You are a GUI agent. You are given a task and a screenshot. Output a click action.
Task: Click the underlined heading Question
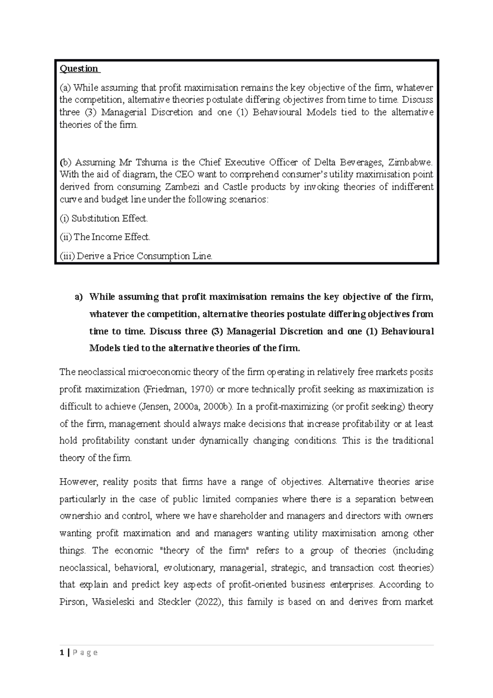coord(79,69)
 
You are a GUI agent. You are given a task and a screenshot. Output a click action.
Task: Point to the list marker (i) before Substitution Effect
coord(64,218)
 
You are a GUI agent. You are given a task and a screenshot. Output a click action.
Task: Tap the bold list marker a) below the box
coord(78,297)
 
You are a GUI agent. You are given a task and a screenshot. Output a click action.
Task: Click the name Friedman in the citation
coord(164,389)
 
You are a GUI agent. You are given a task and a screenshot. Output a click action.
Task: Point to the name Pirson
coord(72,602)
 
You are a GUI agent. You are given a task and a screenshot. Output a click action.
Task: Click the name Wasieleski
coord(113,602)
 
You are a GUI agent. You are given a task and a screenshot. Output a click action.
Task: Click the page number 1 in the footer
coord(61,652)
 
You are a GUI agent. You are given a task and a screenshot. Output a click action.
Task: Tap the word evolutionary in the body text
coord(189,568)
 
